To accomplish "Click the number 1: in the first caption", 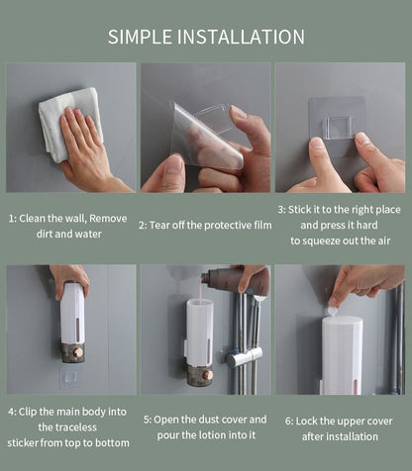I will tap(14, 218).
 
